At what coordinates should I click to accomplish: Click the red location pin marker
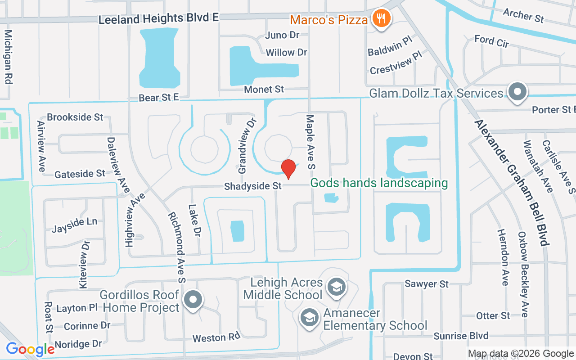[288, 169]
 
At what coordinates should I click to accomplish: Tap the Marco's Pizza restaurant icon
[382, 19]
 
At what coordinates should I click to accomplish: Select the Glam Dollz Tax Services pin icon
[517, 92]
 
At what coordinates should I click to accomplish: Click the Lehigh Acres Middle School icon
[336, 286]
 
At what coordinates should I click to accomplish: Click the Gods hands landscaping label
[379, 183]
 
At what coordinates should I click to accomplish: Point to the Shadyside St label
[253, 186]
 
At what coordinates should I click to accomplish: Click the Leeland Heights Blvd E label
[158, 19]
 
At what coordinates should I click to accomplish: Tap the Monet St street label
[264, 90]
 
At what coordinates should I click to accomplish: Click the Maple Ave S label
[310, 142]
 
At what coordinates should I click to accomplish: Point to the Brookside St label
[75, 117]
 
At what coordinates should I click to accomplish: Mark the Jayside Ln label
[74, 225]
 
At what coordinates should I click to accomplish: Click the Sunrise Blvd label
[461, 336]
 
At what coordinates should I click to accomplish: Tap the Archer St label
[523, 15]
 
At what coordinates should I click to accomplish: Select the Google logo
[30, 349]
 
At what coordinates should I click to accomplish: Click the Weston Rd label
[216, 337]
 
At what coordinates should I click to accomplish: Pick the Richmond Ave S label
[176, 247]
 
